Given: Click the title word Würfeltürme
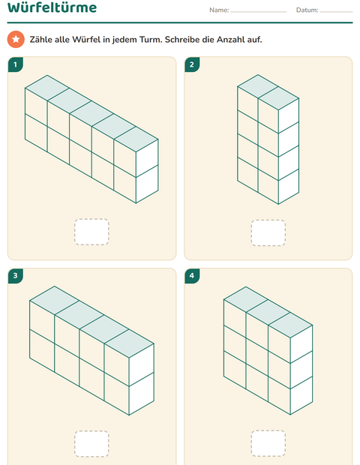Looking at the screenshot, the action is tap(52, 7).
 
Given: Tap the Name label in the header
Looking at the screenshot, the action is tap(219, 10).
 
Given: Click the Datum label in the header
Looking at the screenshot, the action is tap(307, 10).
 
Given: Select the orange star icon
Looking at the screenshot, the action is tap(16, 39).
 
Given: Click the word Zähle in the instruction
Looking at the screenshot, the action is tap(40, 40).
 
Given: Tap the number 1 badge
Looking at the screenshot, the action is tap(16, 64).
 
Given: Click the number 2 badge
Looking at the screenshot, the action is tap(192, 64).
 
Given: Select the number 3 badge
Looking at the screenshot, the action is tap(16, 276).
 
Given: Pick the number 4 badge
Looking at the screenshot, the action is tap(192, 276).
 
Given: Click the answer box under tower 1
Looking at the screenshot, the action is tap(91, 232).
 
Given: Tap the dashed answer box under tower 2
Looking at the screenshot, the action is tap(268, 232).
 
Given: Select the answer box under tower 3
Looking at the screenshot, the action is tap(91, 444).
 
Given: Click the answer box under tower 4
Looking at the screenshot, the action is tap(268, 443).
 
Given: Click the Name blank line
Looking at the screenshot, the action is tap(259, 12).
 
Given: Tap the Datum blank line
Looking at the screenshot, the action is tap(336, 12).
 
